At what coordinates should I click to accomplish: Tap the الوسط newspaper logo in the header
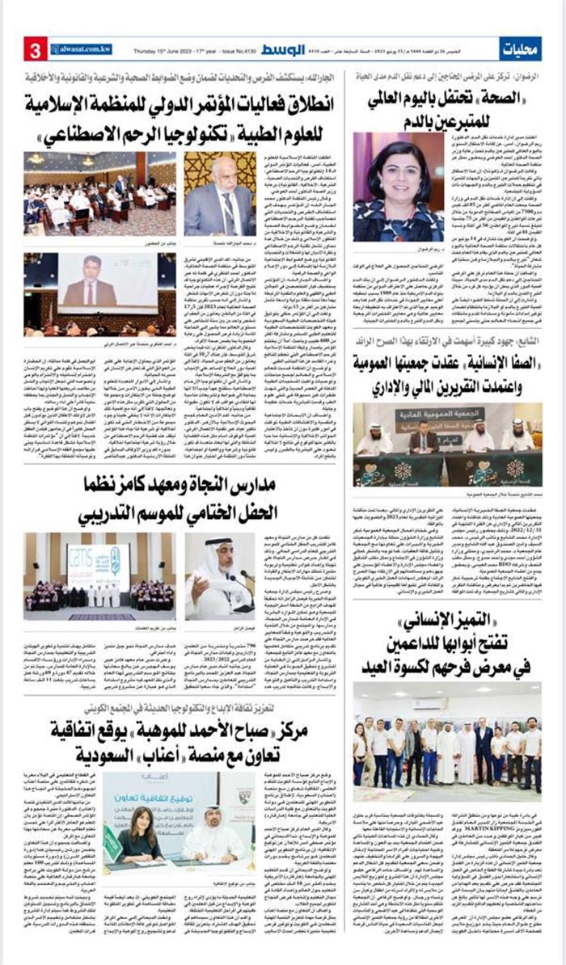click(281, 49)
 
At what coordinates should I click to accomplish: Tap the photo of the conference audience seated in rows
click(99, 194)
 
